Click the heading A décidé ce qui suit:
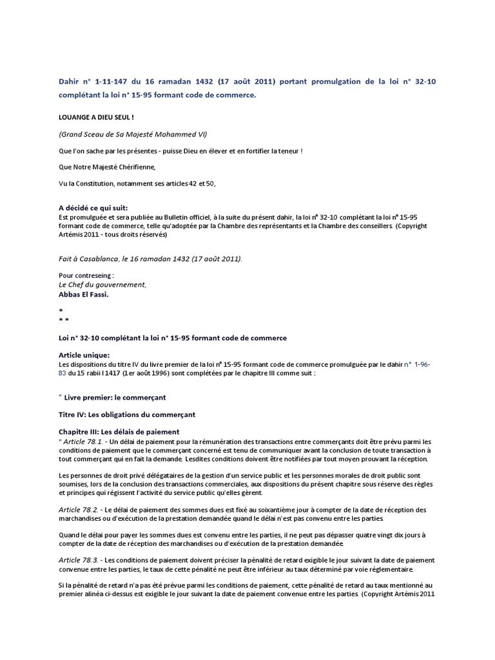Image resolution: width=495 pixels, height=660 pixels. pos(93,208)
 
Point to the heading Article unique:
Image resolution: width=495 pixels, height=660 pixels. pos(84,355)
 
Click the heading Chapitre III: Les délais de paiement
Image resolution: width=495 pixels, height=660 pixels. pos(119,431)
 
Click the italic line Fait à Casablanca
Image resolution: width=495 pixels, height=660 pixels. pos(150,258)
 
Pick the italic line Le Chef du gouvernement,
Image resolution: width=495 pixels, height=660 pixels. pos(102,284)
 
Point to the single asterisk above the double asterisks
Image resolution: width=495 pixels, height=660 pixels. pos(61,310)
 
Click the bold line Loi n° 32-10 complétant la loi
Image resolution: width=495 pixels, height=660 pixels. pos(172,338)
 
